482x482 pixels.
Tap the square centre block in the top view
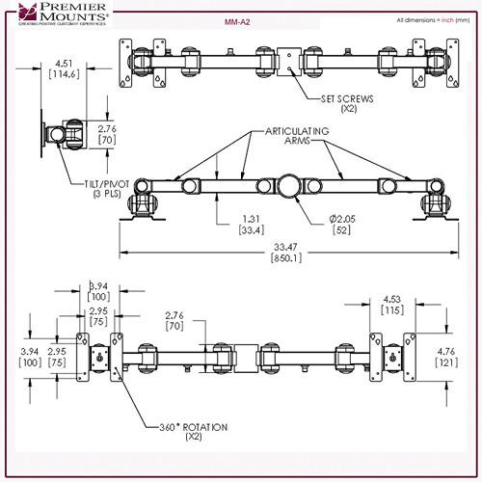[287, 59]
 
